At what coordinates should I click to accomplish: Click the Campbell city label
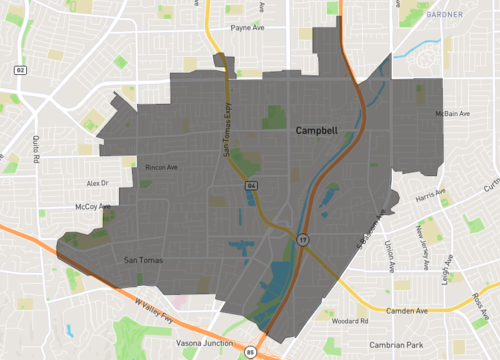(316, 131)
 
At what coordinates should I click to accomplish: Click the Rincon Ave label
(161, 167)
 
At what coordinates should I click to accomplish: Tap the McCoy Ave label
(92, 207)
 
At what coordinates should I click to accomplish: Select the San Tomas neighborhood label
(142, 261)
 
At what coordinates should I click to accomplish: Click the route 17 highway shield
(301, 239)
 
